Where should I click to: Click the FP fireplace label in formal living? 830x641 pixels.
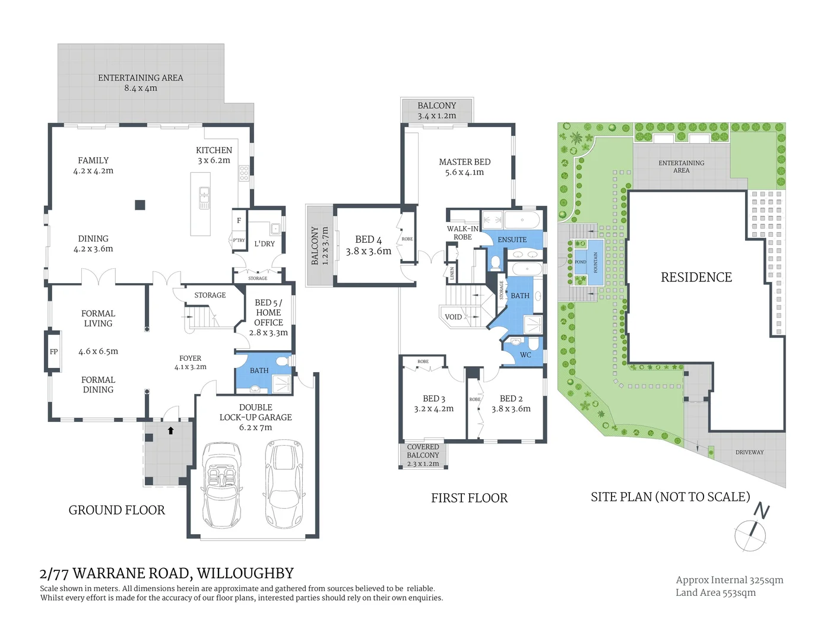(x=53, y=352)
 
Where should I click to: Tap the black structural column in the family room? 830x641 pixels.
(x=140, y=205)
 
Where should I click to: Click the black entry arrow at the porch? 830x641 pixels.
(x=171, y=430)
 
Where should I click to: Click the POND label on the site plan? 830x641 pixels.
(x=580, y=262)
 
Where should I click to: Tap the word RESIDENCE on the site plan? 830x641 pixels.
(x=696, y=277)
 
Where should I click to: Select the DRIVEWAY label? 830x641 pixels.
(x=749, y=452)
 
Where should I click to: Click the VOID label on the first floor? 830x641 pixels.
(x=453, y=317)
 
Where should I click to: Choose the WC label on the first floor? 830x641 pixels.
(x=525, y=355)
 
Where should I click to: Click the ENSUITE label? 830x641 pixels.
(x=512, y=240)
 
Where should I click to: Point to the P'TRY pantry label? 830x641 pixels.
(x=239, y=240)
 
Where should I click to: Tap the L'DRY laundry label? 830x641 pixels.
(x=264, y=243)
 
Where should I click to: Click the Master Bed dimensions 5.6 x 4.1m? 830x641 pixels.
(x=464, y=172)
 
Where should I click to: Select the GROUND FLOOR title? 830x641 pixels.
(x=116, y=510)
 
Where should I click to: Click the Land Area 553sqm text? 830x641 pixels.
(x=715, y=592)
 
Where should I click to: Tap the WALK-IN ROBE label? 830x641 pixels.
(x=462, y=233)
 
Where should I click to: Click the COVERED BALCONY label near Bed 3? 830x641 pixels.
(x=423, y=451)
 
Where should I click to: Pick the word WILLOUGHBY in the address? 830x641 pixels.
(x=245, y=573)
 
